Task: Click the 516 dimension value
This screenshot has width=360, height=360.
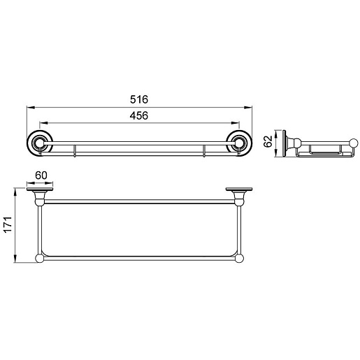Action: pyautogui.click(x=139, y=99)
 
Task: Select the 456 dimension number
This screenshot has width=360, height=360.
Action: pyautogui.click(x=139, y=115)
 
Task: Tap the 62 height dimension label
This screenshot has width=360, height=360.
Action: pyautogui.click(x=268, y=141)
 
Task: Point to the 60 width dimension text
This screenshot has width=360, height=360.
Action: pyautogui.click(x=41, y=175)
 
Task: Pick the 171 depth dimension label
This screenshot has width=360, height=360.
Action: pyautogui.click(x=8, y=224)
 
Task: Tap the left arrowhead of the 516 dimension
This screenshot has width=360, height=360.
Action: pyautogui.click(x=30, y=108)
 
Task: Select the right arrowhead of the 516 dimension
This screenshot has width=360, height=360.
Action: pyautogui.click(x=248, y=108)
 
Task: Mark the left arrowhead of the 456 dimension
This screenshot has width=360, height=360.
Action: pyautogui.click(x=43, y=123)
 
